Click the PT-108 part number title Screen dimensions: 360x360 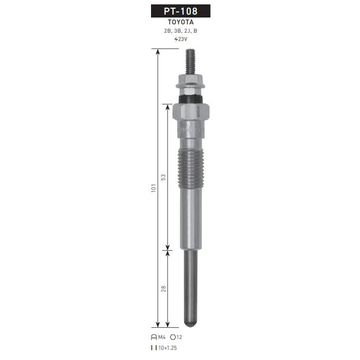point(180,11)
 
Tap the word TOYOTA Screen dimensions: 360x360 point(181,22)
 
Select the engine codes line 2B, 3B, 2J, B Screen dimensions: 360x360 point(181,31)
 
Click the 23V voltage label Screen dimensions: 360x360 point(183,39)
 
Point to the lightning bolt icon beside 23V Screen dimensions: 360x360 point(176,39)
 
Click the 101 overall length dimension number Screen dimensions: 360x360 point(153,188)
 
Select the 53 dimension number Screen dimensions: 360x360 point(163,177)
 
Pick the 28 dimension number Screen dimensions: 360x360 point(163,289)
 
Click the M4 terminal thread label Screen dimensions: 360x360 point(162,337)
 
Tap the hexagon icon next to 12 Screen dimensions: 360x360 point(173,337)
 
